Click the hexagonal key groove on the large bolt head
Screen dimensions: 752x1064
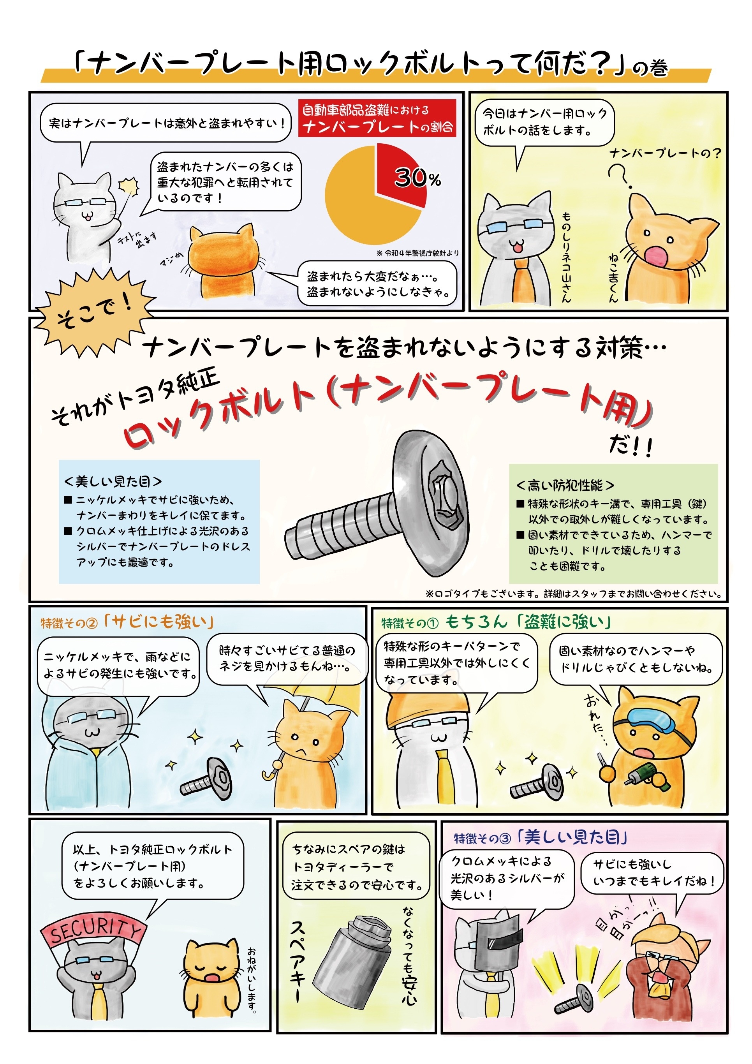445,496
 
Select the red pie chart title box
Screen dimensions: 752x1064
377,118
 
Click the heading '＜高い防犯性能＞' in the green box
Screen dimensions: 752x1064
565,485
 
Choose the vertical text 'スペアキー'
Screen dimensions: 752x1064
298,961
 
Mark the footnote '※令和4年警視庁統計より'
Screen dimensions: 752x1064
417,253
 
